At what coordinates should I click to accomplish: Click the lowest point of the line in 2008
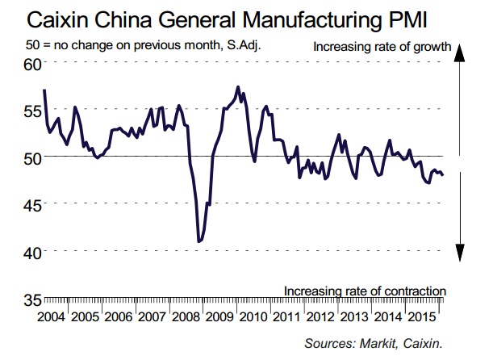(198, 241)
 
